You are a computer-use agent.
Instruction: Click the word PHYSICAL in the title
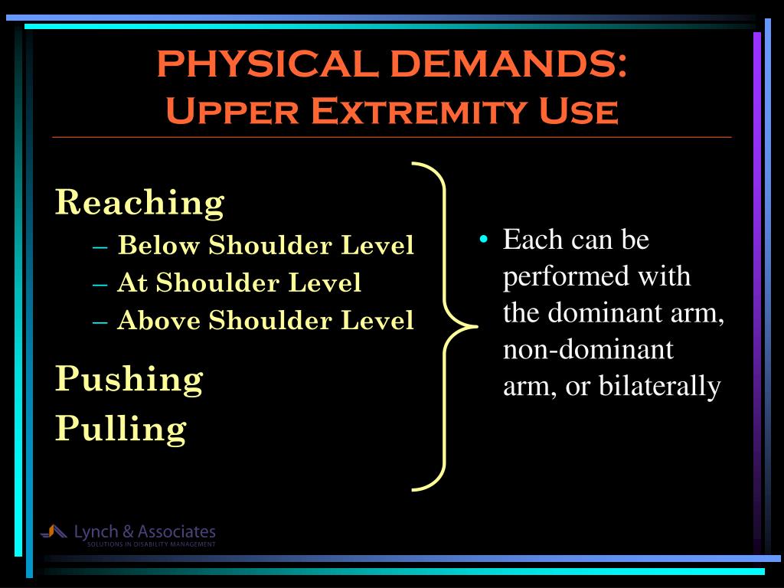point(267,64)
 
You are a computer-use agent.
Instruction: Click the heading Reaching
point(139,203)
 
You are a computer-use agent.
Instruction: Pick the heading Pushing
point(129,378)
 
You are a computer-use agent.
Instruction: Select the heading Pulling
point(121,429)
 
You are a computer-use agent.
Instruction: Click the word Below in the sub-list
point(158,245)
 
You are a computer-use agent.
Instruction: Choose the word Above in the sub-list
point(158,320)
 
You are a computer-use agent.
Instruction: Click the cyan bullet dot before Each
point(484,239)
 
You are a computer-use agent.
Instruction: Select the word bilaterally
point(659,386)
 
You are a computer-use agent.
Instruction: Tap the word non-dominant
point(589,349)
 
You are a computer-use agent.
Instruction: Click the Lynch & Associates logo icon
point(54,531)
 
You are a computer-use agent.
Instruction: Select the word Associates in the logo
point(177,531)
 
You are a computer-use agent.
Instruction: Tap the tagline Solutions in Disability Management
point(152,544)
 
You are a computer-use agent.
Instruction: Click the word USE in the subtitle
point(579,111)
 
